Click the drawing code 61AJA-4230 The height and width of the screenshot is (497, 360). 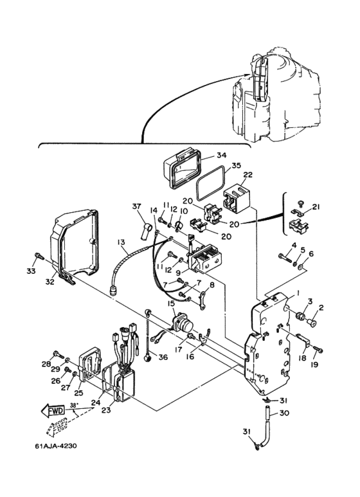[x=56, y=446]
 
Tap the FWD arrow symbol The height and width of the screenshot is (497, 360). [x=53, y=411]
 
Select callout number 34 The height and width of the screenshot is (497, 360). [x=222, y=155]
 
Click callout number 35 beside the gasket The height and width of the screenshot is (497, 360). [x=236, y=165]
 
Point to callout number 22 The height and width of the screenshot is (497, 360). [x=248, y=175]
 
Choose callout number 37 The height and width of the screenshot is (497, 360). [x=136, y=207]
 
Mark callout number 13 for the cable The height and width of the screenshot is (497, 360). [x=121, y=242]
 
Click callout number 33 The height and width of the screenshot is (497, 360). [x=31, y=271]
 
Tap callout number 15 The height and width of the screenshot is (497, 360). [x=171, y=303]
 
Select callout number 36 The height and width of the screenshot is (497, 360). [x=163, y=357]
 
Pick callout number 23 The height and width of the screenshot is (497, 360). [x=106, y=410]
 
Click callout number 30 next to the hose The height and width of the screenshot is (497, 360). [x=284, y=413]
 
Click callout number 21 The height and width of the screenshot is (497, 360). [x=316, y=207]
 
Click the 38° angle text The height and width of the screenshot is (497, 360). [x=73, y=405]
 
